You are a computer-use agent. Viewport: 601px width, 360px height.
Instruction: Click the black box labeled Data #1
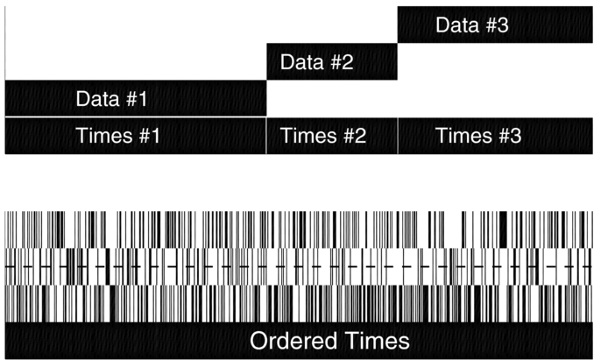click(x=135, y=98)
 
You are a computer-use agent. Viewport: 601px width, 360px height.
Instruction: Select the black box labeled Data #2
click(x=331, y=61)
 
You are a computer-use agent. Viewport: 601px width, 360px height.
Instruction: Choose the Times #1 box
click(x=135, y=136)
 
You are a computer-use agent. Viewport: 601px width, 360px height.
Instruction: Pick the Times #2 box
click(x=331, y=136)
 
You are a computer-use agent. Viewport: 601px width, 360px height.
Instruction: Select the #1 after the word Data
click(x=134, y=98)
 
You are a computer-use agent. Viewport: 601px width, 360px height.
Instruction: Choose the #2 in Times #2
click(x=350, y=136)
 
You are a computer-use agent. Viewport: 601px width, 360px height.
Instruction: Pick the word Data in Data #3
click(x=456, y=25)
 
